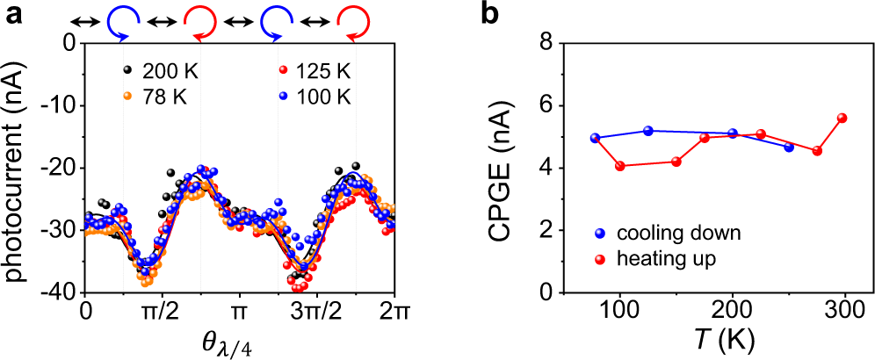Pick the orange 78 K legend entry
[155, 97]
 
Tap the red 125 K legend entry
[312, 70]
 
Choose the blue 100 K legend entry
[312, 97]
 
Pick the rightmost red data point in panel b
[842, 118]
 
